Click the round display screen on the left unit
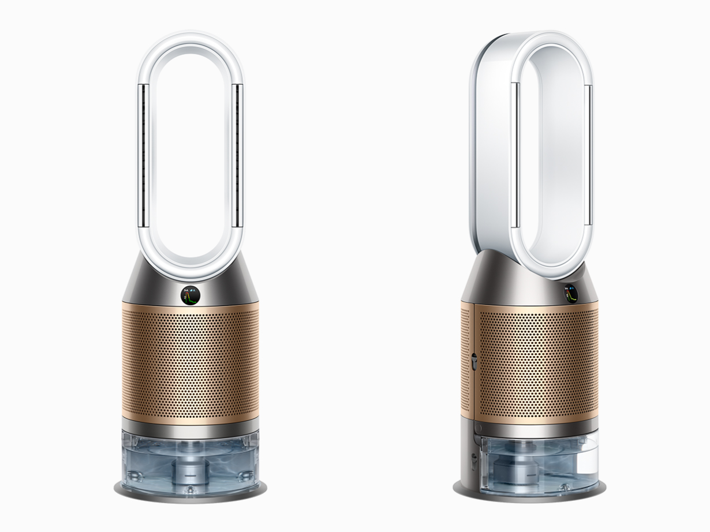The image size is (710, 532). pyautogui.click(x=190, y=295)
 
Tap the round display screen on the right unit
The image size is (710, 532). pyautogui.click(x=570, y=294)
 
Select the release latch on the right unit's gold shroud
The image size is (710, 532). pyautogui.click(x=473, y=362)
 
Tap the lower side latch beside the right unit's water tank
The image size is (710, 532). pyautogui.click(x=474, y=461)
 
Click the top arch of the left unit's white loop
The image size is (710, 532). pyautogui.click(x=190, y=39)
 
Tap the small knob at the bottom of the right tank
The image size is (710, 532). pyautogui.click(x=563, y=488)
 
